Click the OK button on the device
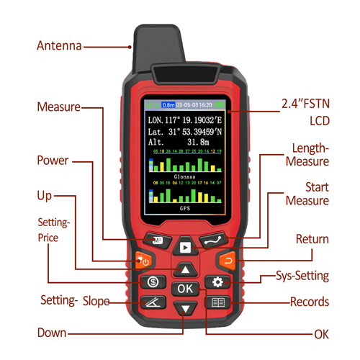click(186, 289)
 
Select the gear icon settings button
click(217, 282)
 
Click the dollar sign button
click(152, 282)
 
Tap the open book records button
click(217, 303)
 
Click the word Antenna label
click(59, 46)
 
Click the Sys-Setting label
click(302, 276)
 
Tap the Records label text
click(309, 302)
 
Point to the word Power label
click(53, 160)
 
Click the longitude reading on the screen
click(184, 119)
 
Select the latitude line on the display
click(184, 132)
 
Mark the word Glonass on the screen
click(184, 175)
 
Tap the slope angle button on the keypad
click(153, 302)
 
